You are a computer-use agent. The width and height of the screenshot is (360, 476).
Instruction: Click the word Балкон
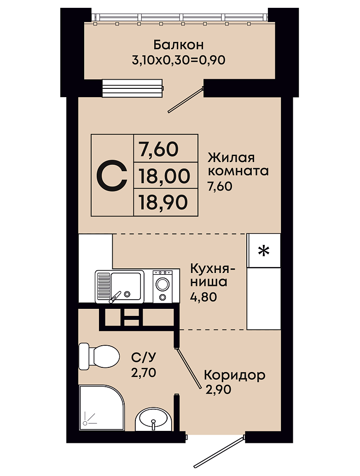(179, 45)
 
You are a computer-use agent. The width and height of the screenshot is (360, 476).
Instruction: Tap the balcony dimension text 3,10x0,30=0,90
(179, 60)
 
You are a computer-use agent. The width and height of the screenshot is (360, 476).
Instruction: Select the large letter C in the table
(111, 176)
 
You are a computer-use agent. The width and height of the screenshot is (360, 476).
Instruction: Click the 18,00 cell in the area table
(164, 176)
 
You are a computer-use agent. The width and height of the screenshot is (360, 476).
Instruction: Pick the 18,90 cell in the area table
(163, 202)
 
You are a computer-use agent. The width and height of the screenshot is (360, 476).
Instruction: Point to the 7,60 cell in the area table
(158, 149)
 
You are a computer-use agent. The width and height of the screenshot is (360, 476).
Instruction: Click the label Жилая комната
(238, 164)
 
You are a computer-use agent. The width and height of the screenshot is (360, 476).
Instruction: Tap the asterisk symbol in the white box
(264, 251)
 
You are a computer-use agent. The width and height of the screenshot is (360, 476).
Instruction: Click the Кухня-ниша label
(213, 275)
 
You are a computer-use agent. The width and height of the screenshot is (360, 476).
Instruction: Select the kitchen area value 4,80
(203, 296)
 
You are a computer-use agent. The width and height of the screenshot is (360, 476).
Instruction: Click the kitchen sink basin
(126, 286)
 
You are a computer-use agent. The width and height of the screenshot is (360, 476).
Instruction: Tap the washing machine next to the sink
(163, 287)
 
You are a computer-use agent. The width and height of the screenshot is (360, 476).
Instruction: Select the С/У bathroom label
(144, 358)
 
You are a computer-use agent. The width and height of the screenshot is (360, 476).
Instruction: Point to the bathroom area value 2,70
(144, 372)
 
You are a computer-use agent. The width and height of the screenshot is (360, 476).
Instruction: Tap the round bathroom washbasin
(151, 419)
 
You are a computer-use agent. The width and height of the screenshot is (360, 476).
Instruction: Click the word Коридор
(235, 375)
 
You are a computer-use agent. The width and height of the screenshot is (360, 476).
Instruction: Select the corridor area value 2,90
(218, 389)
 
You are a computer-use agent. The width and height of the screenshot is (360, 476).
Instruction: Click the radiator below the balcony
(132, 88)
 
